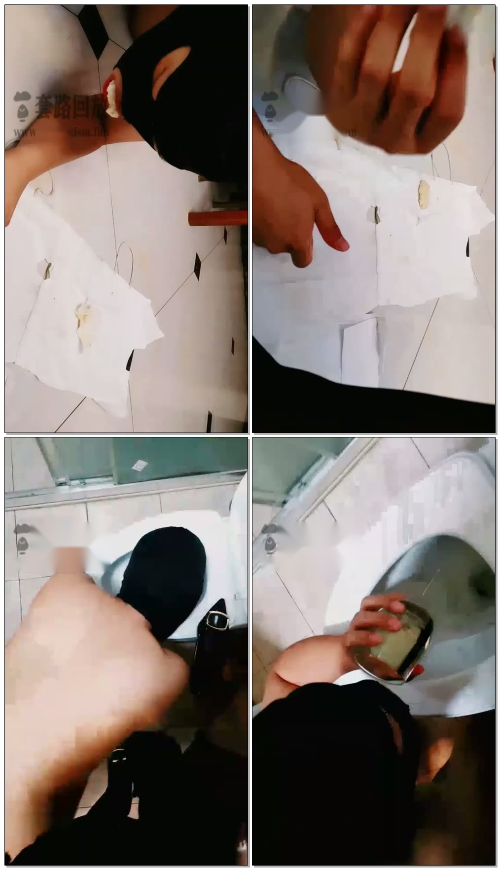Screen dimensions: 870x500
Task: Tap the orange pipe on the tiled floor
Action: coord(217,217)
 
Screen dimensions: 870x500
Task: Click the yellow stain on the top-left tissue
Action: coord(84,323)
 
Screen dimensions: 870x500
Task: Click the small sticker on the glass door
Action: coord(141,464)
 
